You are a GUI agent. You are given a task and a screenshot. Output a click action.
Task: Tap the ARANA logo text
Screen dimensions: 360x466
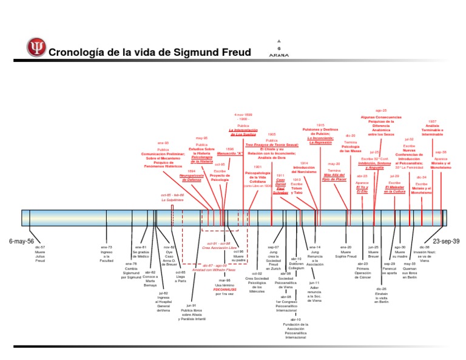click(279, 54)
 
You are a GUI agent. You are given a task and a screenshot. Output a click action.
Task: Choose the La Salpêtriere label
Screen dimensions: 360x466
click(172, 199)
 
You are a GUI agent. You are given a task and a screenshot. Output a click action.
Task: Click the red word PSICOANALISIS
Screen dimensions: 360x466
click(224, 290)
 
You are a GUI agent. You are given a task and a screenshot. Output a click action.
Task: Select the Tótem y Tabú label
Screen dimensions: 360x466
click(296, 188)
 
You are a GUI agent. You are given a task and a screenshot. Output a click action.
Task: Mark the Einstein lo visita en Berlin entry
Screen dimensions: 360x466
click(381, 295)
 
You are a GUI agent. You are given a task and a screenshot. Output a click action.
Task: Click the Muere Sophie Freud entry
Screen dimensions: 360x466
click(346, 254)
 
